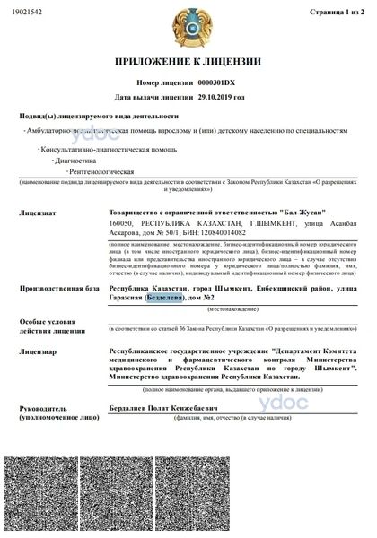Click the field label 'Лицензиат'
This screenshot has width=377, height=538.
coord(38,213)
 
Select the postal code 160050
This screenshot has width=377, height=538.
coord(120,223)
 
